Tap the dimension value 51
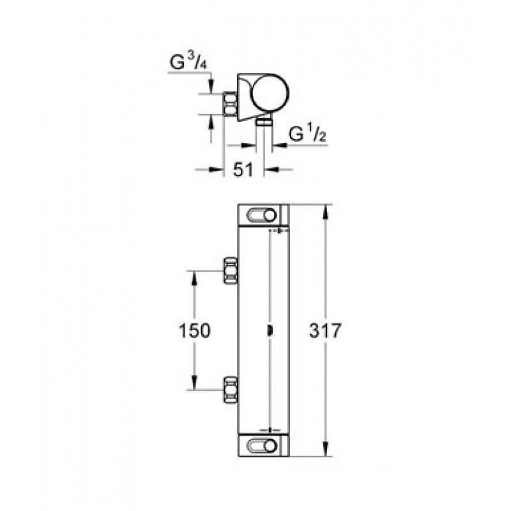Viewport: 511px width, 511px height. click(243, 170)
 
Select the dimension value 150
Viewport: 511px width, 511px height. click(195, 330)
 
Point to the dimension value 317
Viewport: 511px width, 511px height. click(325, 330)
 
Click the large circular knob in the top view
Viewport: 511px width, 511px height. click(270, 93)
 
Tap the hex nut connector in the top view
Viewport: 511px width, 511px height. click(230, 104)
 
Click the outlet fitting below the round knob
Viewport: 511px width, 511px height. click(264, 123)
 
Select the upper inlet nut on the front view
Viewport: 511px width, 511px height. click(231, 270)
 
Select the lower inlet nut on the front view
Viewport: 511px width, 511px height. click(231, 390)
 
